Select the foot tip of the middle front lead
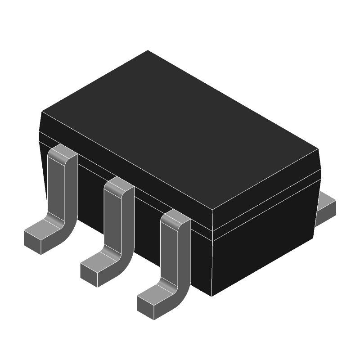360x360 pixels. [x=89, y=274]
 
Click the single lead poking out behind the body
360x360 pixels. [x=327, y=207]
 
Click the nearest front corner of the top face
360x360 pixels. [x=212, y=210]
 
